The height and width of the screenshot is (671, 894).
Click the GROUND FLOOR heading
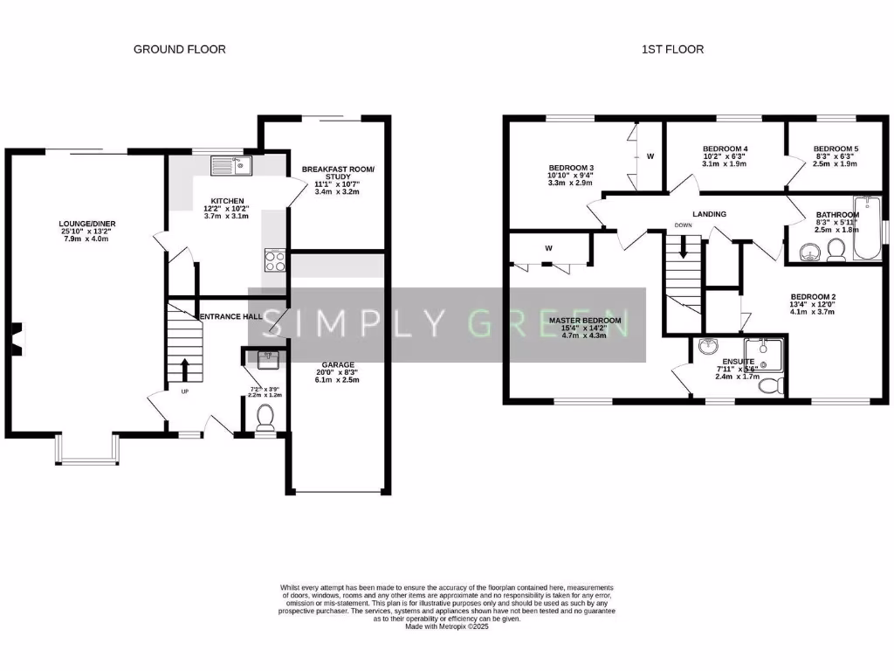[179, 50]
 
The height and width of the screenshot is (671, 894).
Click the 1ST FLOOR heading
[668, 50]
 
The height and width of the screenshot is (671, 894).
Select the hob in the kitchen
[275, 260]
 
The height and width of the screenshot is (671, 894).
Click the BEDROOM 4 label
[725, 149]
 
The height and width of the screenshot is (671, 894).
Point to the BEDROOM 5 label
[835, 149]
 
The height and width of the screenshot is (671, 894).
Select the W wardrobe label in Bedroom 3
[650, 157]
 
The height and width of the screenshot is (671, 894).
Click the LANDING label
[709, 214]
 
